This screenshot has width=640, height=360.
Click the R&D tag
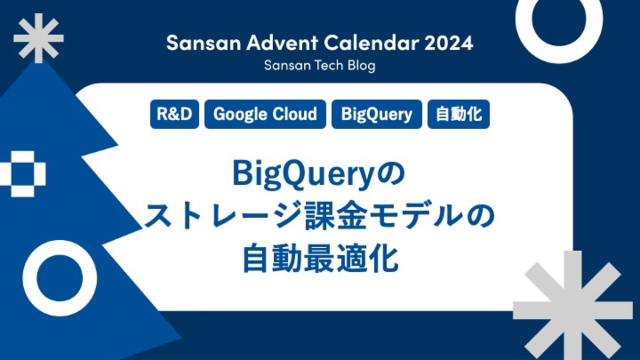tap(174, 114)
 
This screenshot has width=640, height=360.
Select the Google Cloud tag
tap(265, 114)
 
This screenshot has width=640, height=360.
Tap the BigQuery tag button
tap(377, 114)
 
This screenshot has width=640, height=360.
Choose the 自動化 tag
tap(458, 114)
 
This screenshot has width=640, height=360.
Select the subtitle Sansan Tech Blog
tap(320, 65)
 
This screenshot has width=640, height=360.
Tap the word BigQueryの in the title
tap(319, 175)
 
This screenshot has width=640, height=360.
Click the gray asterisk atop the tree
tap(38, 38)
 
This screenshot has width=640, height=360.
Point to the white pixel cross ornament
tap(23, 174)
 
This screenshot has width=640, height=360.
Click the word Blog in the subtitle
tap(361, 65)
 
